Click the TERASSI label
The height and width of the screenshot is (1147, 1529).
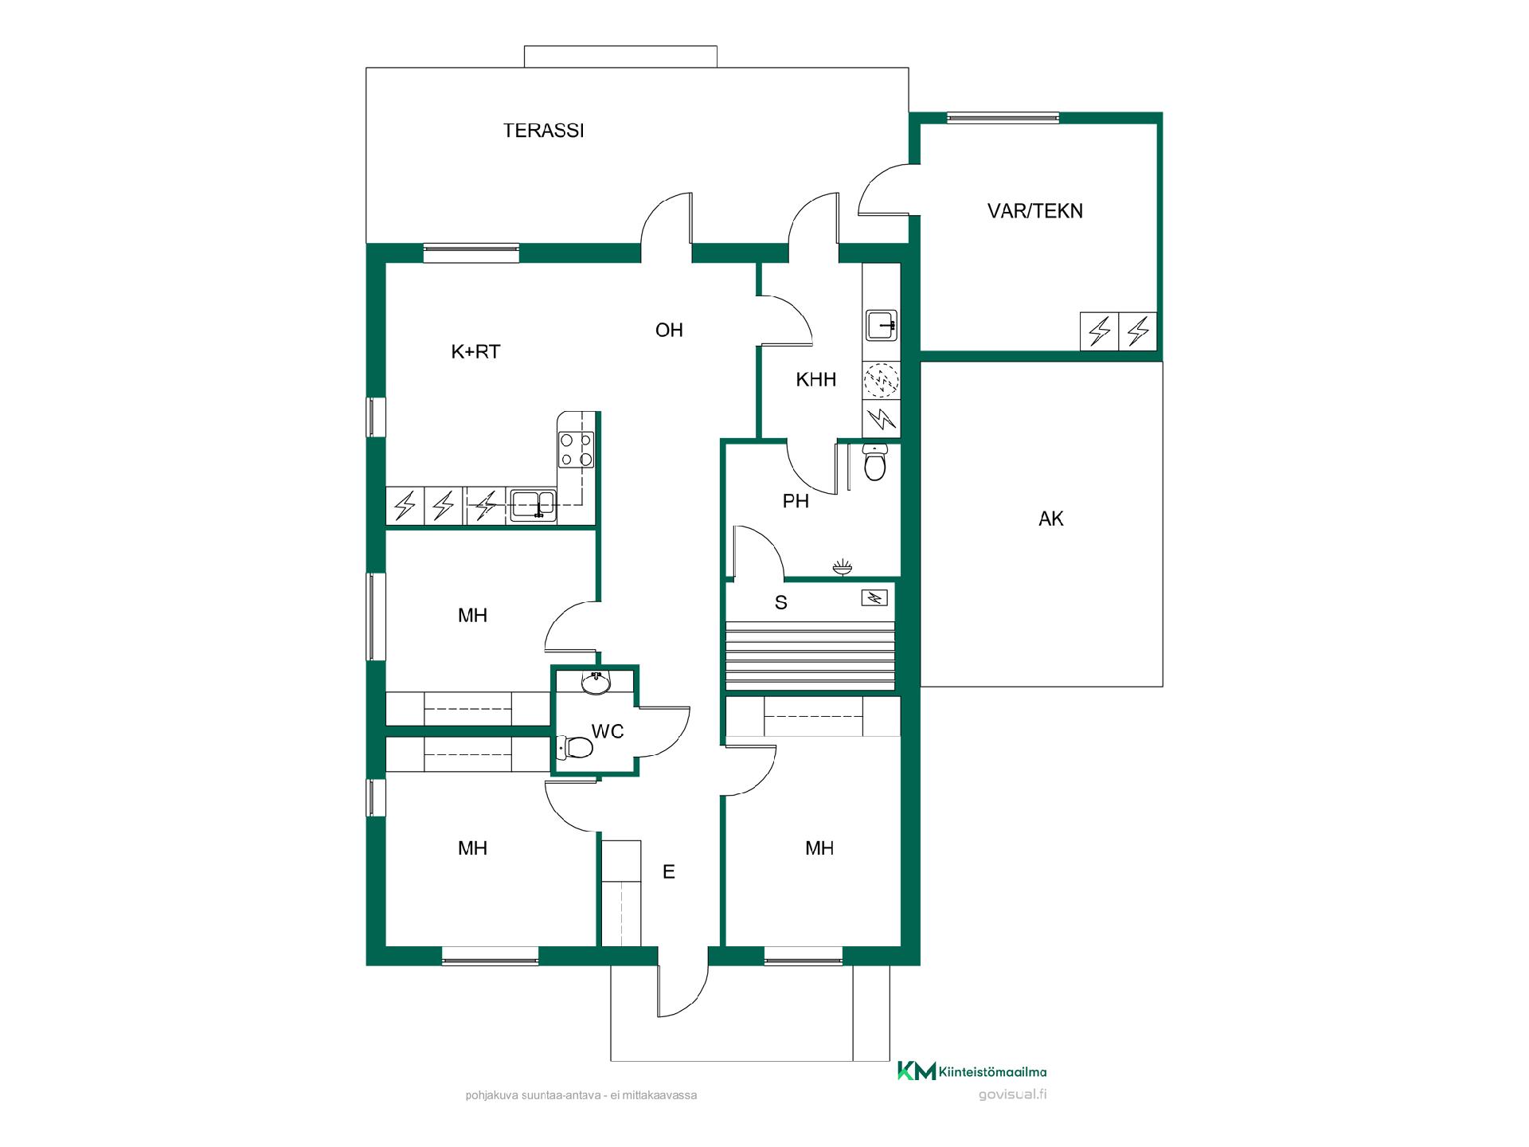[543, 131]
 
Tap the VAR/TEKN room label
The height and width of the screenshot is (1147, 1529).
[1034, 211]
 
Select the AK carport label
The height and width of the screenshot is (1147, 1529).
[1050, 519]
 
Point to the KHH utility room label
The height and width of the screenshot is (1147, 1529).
[815, 380]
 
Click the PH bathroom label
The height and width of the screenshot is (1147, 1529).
[796, 501]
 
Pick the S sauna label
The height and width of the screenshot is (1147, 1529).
[780, 603]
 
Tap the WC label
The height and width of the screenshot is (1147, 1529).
[607, 731]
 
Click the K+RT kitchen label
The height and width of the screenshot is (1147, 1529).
[475, 352]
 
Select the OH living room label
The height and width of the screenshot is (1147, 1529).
[669, 330]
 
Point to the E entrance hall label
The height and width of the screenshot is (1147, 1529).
[669, 872]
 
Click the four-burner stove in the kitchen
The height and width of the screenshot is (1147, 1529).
[576, 449]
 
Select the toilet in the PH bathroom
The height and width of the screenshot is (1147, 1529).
[874, 463]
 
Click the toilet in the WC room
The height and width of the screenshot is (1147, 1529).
[575, 747]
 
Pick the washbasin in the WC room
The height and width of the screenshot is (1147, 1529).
[596, 683]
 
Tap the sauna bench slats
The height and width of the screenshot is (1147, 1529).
[810, 654]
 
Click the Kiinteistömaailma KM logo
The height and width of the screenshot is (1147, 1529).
[972, 1071]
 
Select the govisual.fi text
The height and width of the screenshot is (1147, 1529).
[1012, 1094]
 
